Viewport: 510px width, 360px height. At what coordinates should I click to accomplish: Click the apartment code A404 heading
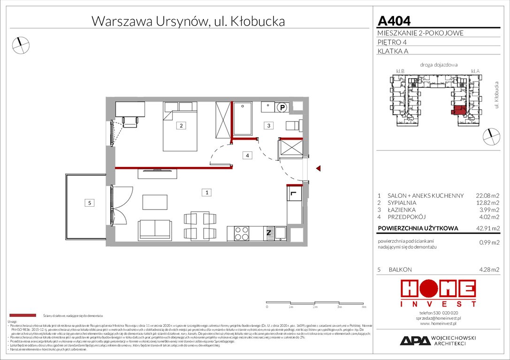394,21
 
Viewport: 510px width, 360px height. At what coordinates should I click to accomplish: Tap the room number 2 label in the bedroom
181,126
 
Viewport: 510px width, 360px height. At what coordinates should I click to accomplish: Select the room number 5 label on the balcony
89,203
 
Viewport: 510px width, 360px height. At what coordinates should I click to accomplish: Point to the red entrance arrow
318,169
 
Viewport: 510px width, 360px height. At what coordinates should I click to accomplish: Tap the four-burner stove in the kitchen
242,233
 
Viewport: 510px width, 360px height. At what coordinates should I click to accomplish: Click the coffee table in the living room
155,202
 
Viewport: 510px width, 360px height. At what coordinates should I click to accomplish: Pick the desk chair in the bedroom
130,121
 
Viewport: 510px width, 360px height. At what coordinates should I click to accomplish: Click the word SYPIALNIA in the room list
403,202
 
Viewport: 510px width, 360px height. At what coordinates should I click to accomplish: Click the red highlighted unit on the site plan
458,111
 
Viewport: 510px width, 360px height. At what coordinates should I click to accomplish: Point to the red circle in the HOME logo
438,288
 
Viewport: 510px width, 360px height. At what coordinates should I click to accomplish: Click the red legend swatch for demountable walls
23,316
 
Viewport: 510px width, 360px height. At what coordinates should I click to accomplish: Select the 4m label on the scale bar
364,307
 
